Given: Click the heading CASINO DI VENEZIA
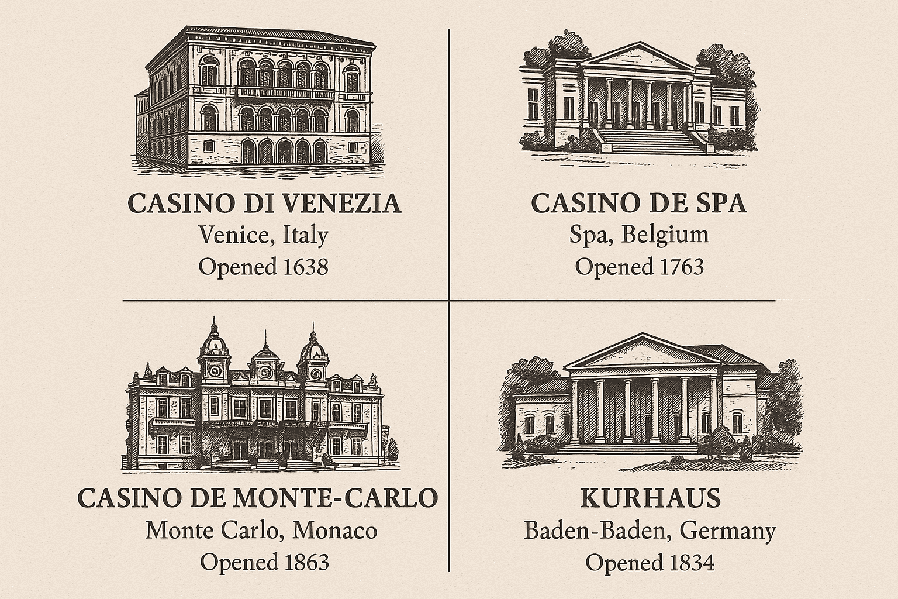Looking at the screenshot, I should [x=264, y=204].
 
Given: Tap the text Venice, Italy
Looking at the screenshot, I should [x=263, y=235].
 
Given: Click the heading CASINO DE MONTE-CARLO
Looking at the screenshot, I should [x=258, y=498].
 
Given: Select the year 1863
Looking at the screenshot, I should [x=305, y=563].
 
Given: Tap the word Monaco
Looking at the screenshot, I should [x=334, y=531].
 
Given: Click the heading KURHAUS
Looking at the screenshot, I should [x=650, y=498].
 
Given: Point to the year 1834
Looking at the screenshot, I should [x=690, y=563].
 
